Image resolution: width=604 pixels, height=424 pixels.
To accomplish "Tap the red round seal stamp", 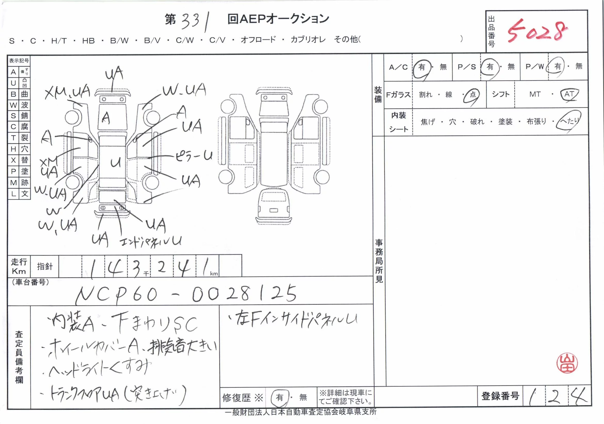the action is [567, 364].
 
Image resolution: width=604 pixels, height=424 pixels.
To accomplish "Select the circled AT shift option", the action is [569, 94].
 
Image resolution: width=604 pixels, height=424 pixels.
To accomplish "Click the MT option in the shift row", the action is [535, 94].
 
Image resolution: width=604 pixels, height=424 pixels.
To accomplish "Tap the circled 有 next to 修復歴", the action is [279, 397].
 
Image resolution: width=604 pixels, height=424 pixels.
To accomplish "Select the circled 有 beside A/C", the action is [422, 67].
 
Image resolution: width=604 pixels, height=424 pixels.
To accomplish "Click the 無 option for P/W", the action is [579, 66].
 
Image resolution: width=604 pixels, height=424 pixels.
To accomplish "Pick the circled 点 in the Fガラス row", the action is [473, 94].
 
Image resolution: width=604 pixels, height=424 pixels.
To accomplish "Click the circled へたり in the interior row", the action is [569, 121].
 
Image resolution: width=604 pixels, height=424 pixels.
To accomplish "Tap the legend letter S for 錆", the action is [13, 116].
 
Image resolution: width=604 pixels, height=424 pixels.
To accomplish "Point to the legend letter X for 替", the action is [13, 160].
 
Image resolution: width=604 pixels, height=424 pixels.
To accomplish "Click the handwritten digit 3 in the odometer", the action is [137, 268].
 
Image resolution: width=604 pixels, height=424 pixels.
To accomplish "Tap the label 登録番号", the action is [500, 396].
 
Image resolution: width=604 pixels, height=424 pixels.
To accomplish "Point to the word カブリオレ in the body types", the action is [308, 40].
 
